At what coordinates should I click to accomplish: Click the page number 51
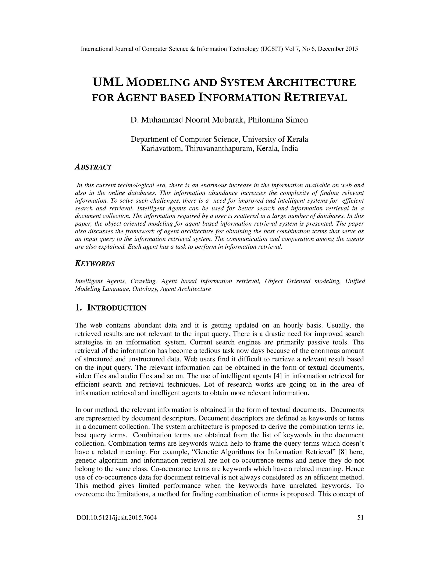(360, 517)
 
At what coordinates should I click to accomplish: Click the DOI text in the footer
(117, 517)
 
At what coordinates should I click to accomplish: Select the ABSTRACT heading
(93, 167)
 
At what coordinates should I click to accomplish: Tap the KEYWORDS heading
(95, 264)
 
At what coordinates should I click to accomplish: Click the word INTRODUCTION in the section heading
(117, 308)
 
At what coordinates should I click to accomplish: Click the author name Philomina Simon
(278, 120)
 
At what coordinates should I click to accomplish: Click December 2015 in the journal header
(338, 49)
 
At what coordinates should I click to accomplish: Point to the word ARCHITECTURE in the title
(311, 82)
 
